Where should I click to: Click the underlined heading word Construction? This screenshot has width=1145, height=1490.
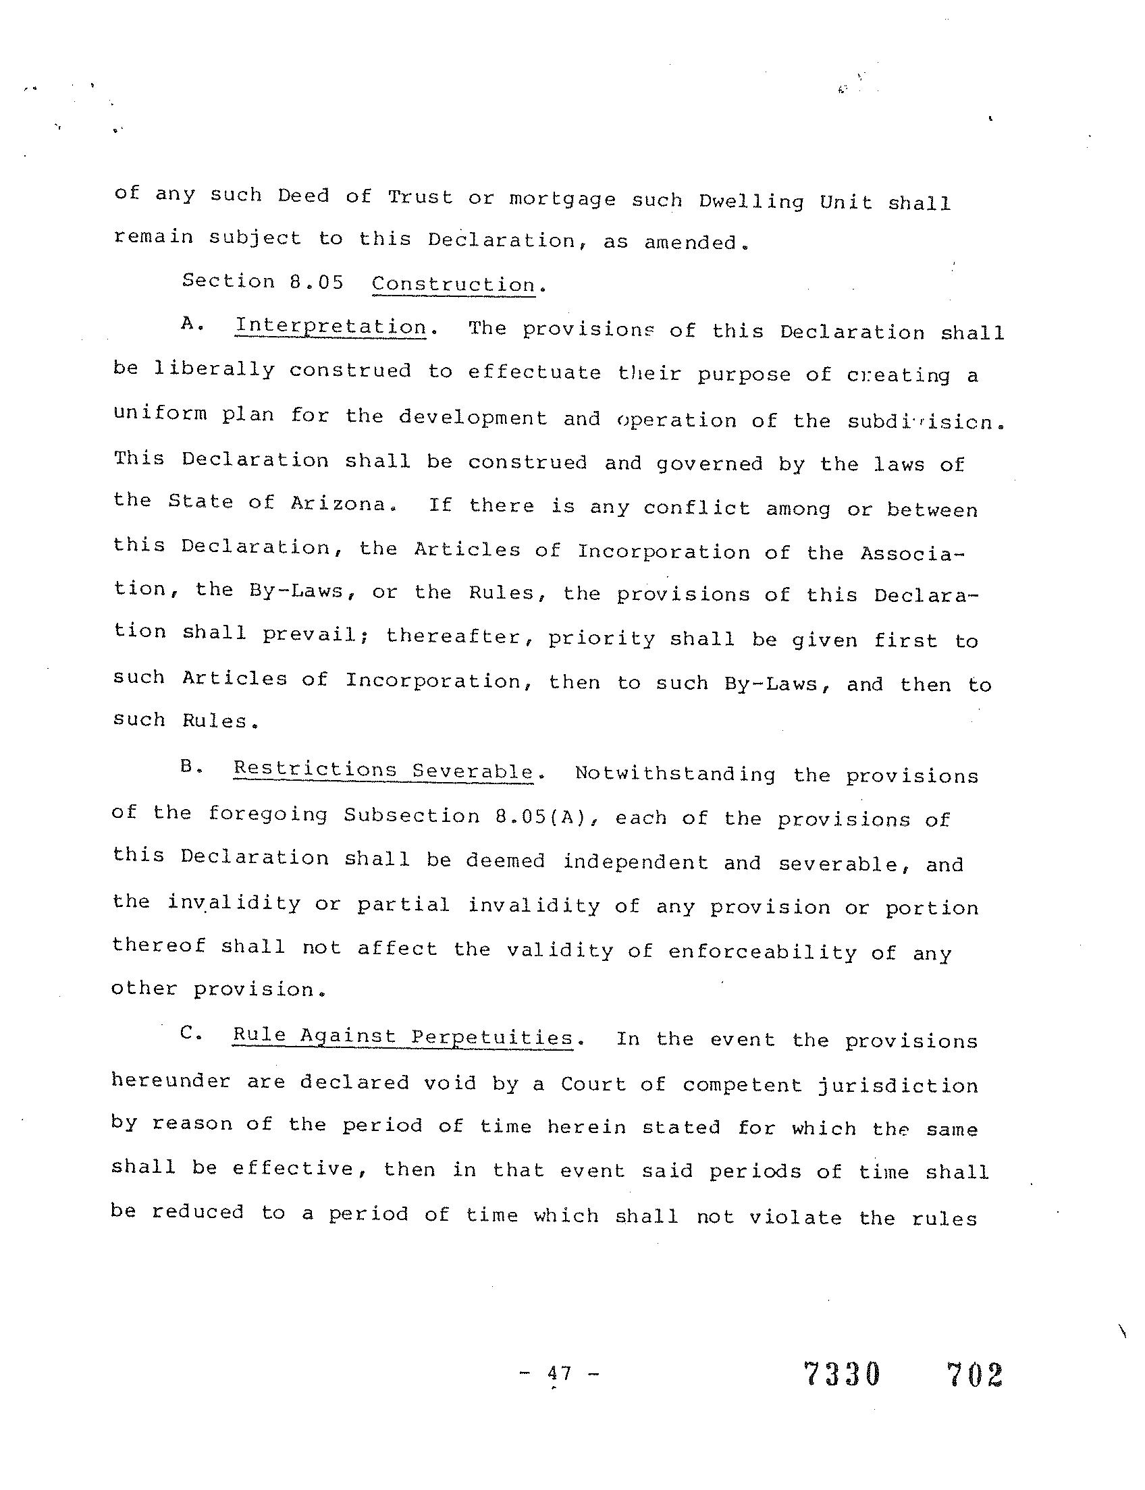click(x=453, y=284)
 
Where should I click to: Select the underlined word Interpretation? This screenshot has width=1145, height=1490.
click(x=331, y=327)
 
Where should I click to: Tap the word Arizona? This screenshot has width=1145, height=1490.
click(x=339, y=503)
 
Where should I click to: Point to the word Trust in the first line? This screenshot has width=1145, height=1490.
click(x=420, y=197)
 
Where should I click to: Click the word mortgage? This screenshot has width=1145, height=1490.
click(x=562, y=200)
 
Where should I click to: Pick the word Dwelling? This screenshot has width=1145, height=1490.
click(x=751, y=202)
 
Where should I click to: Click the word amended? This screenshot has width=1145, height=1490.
click(x=691, y=242)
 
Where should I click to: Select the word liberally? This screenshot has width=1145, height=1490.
click(x=214, y=370)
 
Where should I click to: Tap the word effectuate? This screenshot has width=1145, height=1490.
click(x=534, y=373)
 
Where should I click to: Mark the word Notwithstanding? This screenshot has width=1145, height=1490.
click(x=674, y=774)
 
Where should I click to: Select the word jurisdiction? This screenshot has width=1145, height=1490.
click(x=898, y=1084)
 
